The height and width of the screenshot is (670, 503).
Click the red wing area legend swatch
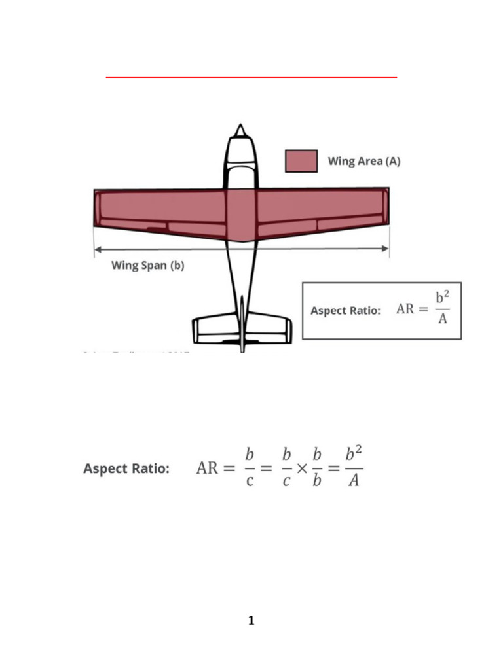(301, 161)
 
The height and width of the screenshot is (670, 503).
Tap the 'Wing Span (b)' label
(147, 266)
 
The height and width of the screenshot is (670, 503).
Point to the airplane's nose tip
(241, 126)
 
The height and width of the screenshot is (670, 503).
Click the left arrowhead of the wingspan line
(98, 249)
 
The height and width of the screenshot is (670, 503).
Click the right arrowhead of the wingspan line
(386, 249)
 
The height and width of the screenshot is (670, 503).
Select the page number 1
(251, 621)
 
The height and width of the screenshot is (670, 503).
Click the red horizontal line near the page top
(251, 77)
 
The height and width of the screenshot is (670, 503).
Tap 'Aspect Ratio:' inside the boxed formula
(345, 311)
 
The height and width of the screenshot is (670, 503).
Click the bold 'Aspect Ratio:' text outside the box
(126, 469)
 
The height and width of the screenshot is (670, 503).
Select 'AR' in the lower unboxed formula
(208, 469)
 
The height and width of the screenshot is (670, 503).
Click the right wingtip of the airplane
(387, 207)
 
